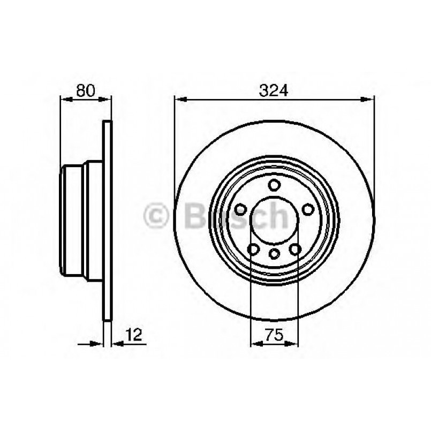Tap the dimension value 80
(85, 90)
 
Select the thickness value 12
(134, 336)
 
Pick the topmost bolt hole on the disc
(274, 186)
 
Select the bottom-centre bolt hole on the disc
(274, 254)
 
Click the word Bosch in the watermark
(236, 215)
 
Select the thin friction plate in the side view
(108, 225)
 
